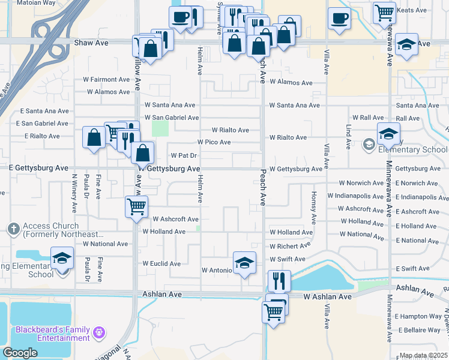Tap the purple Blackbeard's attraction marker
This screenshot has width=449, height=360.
pyautogui.click(x=100, y=331)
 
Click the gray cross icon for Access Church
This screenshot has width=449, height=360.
pyautogui.click(x=13, y=229)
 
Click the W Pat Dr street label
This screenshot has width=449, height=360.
pyautogui.click(x=184, y=155)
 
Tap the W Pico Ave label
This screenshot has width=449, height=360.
pyautogui.click(x=214, y=142)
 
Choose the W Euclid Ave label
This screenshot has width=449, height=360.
pyautogui.click(x=161, y=263)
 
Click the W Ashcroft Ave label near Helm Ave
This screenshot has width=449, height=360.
pyautogui.click(x=175, y=220)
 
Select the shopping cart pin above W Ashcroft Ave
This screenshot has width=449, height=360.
pyautogui.click(x=136, y=206)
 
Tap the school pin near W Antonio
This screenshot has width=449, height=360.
pyautogui.click(x=244, y=263)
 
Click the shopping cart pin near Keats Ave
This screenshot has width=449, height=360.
pyautogui.click(x=384, y=12)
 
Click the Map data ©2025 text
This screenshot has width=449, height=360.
pyautogui.click(x=423, y=355)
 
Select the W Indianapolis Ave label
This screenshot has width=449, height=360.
pyautogui.click(x=355, y=196)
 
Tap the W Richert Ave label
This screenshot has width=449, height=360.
pyautogui.click(x=290, y=246)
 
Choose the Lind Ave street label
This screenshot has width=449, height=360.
pyautogui.click(x=348, y=137)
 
